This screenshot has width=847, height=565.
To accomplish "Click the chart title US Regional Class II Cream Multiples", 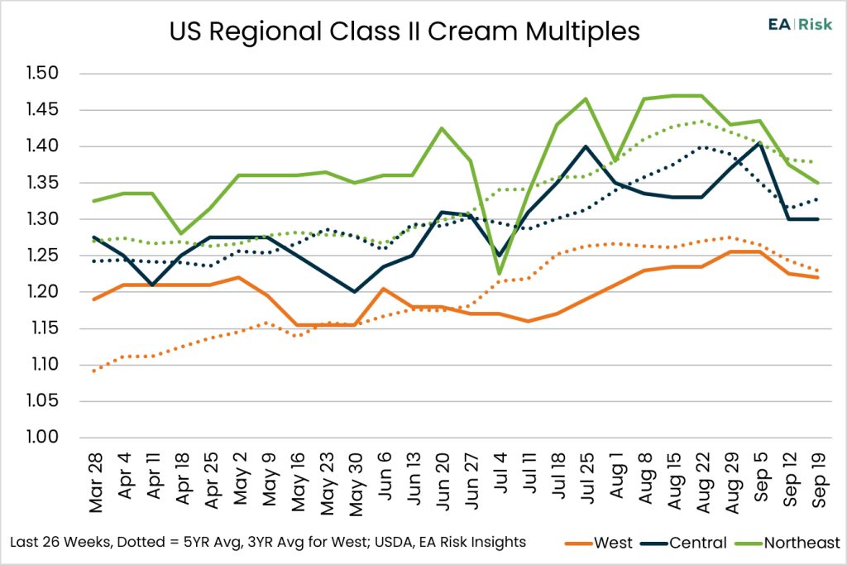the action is (404, 31).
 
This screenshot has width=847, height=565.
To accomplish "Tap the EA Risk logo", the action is (800, 24).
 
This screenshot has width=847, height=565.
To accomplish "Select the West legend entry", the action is (599, 543).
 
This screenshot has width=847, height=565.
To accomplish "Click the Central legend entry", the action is (684, 543).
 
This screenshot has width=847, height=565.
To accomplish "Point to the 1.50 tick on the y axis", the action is (43, 73).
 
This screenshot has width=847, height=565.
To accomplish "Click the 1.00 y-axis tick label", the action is (43, 437).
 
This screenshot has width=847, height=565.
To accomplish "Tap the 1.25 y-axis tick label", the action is (43, 255).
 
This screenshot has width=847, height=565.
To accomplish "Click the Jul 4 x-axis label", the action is (500, 472).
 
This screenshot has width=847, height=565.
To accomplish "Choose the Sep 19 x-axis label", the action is (819, 480).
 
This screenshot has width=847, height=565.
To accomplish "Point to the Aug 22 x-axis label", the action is (703, 483).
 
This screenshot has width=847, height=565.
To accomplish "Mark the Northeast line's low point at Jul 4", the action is (500, 273).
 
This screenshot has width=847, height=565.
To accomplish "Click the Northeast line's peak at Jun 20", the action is (442, 128).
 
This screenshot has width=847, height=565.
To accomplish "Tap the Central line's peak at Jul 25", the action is (586, 146).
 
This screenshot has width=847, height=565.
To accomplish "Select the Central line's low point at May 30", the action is (355, 292).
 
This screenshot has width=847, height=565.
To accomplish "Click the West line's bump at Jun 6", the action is (384, 289).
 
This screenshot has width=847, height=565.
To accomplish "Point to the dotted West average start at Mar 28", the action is (94, 371).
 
